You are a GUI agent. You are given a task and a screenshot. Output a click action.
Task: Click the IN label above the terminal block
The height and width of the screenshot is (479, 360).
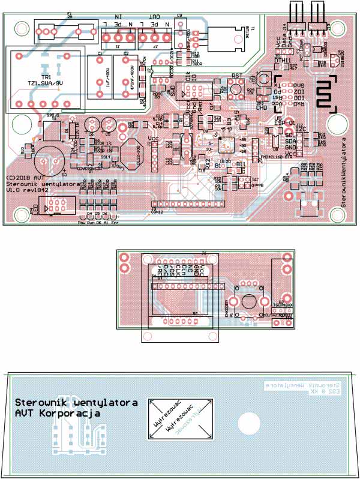click(118, 19)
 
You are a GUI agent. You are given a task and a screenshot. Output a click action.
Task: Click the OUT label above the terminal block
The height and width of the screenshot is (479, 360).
click(154, 19)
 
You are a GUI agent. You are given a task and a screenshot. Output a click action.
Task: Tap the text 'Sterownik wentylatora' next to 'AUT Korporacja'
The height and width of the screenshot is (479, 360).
click(76, 402)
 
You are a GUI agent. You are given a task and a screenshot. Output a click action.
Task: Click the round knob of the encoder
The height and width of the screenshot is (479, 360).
click(247, 300)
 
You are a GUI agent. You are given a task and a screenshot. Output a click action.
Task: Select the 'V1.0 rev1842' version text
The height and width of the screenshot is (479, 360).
click(27, 190)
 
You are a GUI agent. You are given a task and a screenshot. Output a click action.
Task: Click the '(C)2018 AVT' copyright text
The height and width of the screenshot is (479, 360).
click(25, 178)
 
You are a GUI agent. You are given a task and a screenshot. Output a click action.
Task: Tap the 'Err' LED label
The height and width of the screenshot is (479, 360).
click(115, 222)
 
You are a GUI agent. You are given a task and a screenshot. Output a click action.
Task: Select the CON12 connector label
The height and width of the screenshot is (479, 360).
click(157, 212)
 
